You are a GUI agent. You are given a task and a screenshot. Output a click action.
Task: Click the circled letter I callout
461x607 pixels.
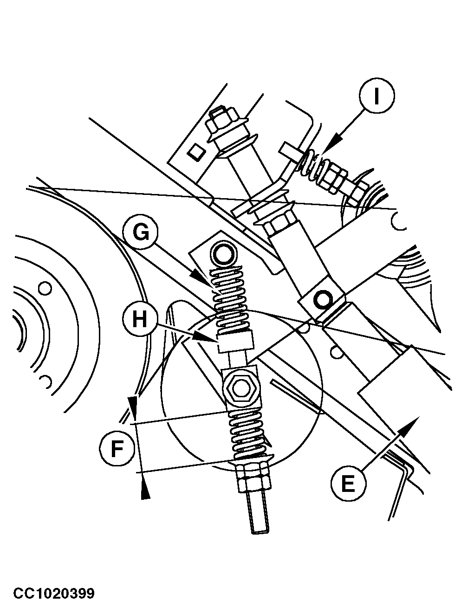(x=377, y=97)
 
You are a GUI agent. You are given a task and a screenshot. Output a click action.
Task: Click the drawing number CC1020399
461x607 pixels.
(x=54, y=594)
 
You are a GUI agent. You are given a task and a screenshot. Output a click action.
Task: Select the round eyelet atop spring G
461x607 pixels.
(x=225, y=254)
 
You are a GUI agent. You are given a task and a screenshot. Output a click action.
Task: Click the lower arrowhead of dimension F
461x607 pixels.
(x=145, y=490)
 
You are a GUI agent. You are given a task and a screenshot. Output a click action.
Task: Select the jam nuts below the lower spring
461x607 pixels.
(x=252, y=478)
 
